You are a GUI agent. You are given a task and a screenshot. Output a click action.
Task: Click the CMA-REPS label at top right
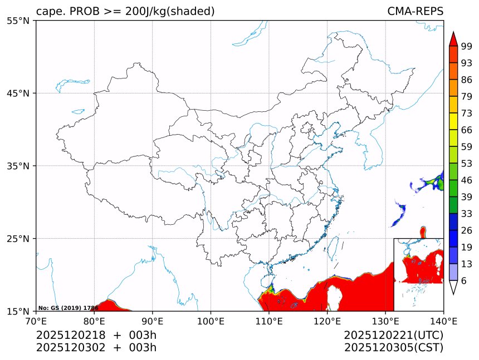point(415,11)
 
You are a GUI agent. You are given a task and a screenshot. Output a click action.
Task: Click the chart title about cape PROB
point(125,11)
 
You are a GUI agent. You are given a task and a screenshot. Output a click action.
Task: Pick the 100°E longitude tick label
point(211,320)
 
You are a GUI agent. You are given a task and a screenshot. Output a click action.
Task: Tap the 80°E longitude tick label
point(94,320)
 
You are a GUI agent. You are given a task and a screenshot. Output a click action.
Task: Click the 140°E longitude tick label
point(443,320)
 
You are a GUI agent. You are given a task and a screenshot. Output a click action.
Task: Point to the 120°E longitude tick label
point(327,320)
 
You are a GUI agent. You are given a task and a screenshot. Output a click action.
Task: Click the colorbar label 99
point(466,46)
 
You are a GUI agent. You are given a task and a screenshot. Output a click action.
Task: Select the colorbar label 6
point(464,281)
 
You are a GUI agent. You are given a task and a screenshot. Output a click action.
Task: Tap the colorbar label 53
point(466,163)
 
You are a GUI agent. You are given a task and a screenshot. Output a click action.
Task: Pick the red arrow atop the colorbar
point(453,39)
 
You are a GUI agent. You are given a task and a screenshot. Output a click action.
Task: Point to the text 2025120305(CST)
point(393,348)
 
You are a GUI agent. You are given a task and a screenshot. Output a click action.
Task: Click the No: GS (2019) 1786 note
point(68,308)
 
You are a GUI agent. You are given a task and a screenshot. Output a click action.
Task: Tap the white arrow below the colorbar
point(453,287)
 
